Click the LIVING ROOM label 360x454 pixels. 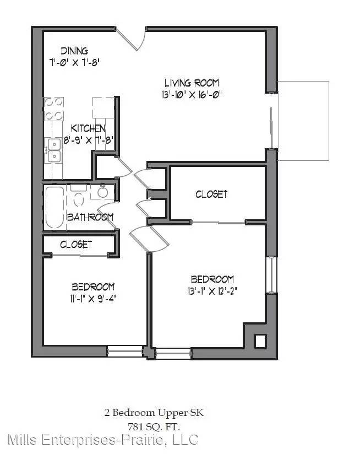192,83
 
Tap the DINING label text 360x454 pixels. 74,51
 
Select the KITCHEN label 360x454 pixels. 88,128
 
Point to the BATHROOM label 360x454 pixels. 90,217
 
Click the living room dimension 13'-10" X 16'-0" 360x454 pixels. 192,95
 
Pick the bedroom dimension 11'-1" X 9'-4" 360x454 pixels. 93,299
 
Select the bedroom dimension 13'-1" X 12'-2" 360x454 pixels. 212,291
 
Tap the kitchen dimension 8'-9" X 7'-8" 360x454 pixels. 88,140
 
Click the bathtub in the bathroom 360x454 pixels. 54,207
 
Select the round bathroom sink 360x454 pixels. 102,192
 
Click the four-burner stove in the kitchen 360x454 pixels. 54,109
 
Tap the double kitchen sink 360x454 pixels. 54,150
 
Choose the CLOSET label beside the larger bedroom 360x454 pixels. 212,194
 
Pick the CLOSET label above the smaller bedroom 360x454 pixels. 76,245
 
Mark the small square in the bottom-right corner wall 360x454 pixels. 260,341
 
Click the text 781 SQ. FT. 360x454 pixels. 154,427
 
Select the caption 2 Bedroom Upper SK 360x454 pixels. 154,413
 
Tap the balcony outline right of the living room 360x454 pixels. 329,121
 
